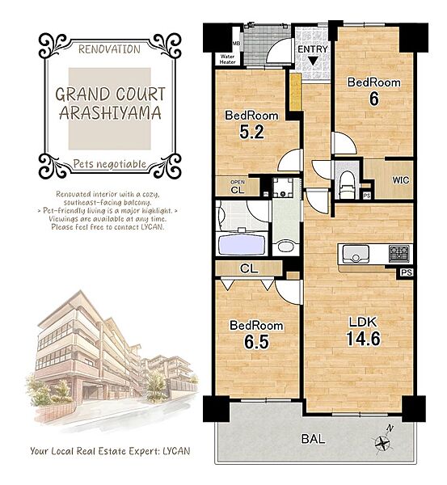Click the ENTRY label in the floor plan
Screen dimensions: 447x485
click(x=313, y=49)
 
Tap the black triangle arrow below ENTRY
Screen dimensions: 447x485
click(x=313, y=61)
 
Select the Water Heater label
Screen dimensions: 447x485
click(x=227, y=59)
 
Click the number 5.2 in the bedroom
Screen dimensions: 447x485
click(x=252, y=132)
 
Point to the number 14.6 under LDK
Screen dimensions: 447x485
click(x=363, y=339)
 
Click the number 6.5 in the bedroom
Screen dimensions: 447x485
click(x=256, y=342)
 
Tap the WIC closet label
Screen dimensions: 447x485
click(x=401, y=180)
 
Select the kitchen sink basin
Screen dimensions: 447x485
click(x=356, y=254)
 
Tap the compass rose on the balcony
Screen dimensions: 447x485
click(x=383, y=442)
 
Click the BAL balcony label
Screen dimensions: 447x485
click(x=313, y=439)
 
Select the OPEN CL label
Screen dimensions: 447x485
click(x=238, y=188)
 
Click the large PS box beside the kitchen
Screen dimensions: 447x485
click(x=407, y=272)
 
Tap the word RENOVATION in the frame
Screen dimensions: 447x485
click(x=109, y=49)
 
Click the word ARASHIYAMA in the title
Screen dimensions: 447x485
click(x=111, y=113)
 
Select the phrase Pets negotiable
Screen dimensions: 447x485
click(x=109, y=163)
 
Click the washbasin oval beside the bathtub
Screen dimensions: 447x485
click(x=286, y=247)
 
